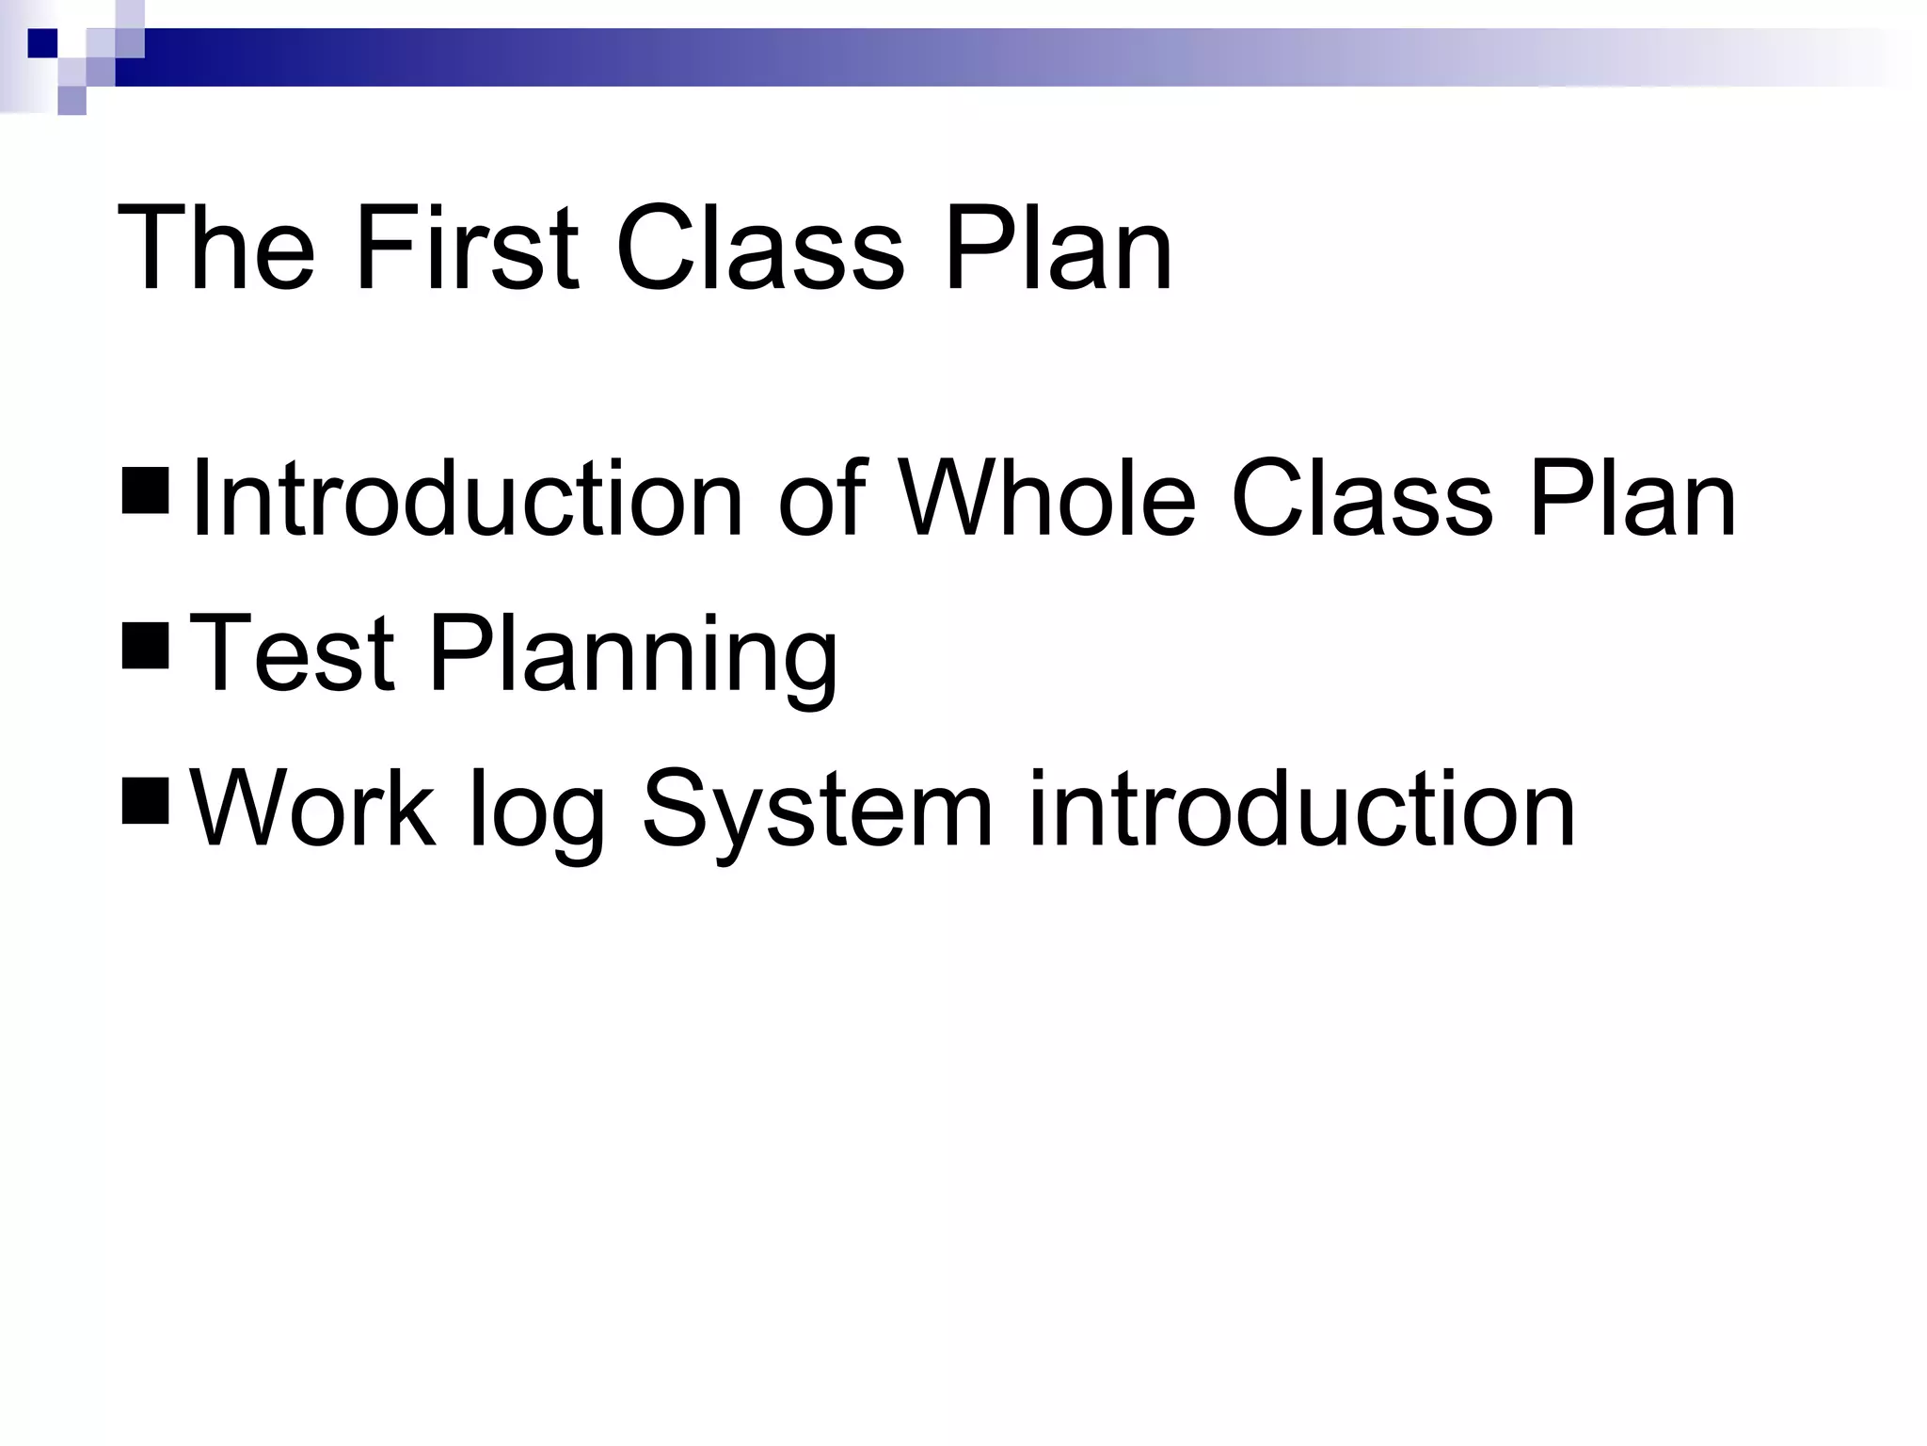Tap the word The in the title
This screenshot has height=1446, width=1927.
coord(215,249)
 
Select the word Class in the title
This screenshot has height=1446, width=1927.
coord(759,249)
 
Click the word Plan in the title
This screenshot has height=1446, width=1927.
coord(1058,249)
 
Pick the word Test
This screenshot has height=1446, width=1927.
coord(292,653)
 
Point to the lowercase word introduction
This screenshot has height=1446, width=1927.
coord(1301,808)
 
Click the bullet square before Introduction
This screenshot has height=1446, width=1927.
coord(145,491)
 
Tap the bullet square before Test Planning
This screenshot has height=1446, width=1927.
coord(145,647)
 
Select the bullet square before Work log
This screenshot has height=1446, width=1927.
coord(145,801)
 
